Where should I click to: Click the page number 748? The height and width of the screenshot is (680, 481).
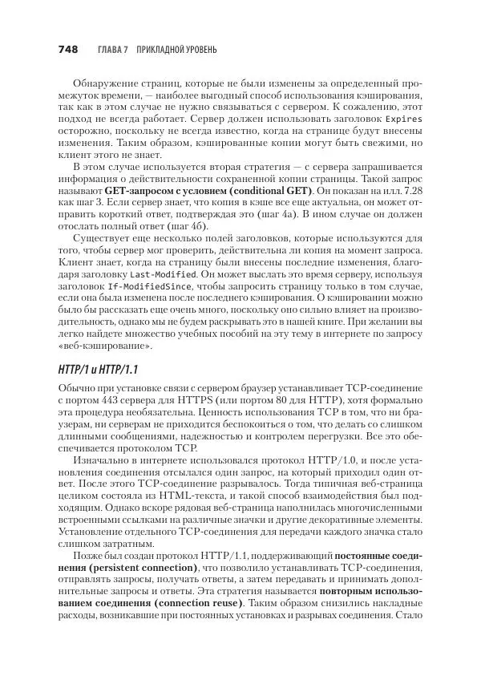[x=67, y=50]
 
